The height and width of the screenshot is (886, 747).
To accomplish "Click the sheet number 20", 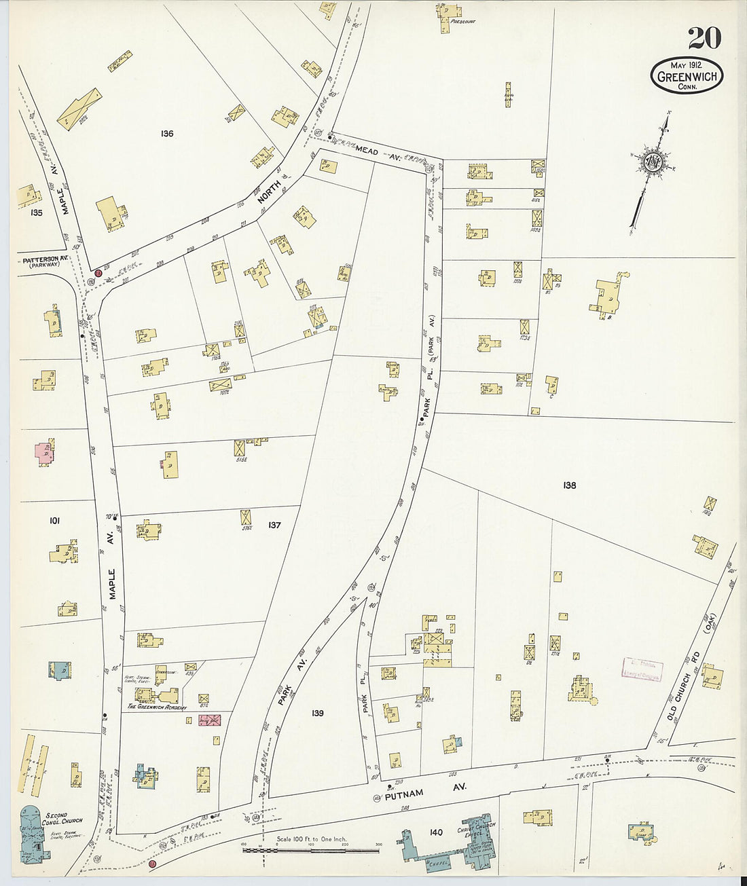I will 704,37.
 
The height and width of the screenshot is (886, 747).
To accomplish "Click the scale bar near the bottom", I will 311,849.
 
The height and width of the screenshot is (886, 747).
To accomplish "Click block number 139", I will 317,713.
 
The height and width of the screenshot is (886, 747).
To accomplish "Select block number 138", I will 569,485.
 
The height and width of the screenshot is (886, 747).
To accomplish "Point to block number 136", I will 167,133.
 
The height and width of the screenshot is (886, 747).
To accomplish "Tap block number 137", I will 274,525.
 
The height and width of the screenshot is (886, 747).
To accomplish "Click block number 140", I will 436,832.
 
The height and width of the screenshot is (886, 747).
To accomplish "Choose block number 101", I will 54,521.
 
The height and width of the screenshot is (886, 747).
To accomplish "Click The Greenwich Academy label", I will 157,707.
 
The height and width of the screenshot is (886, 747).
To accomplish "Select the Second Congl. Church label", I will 65,817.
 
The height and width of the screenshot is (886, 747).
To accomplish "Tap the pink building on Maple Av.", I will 44,452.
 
